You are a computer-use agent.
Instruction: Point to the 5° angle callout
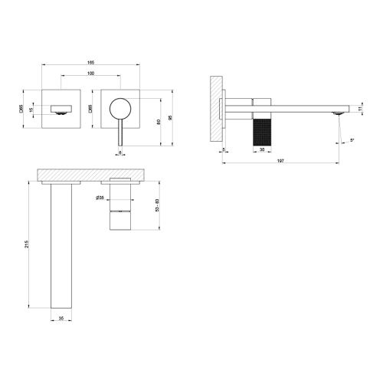click(x=352, y=139)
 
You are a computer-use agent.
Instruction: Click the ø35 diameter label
click(x=101, y=198)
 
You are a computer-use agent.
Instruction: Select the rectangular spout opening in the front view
click(x=61, y=107)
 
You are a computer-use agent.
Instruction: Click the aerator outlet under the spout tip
click(x=338, y=115)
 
